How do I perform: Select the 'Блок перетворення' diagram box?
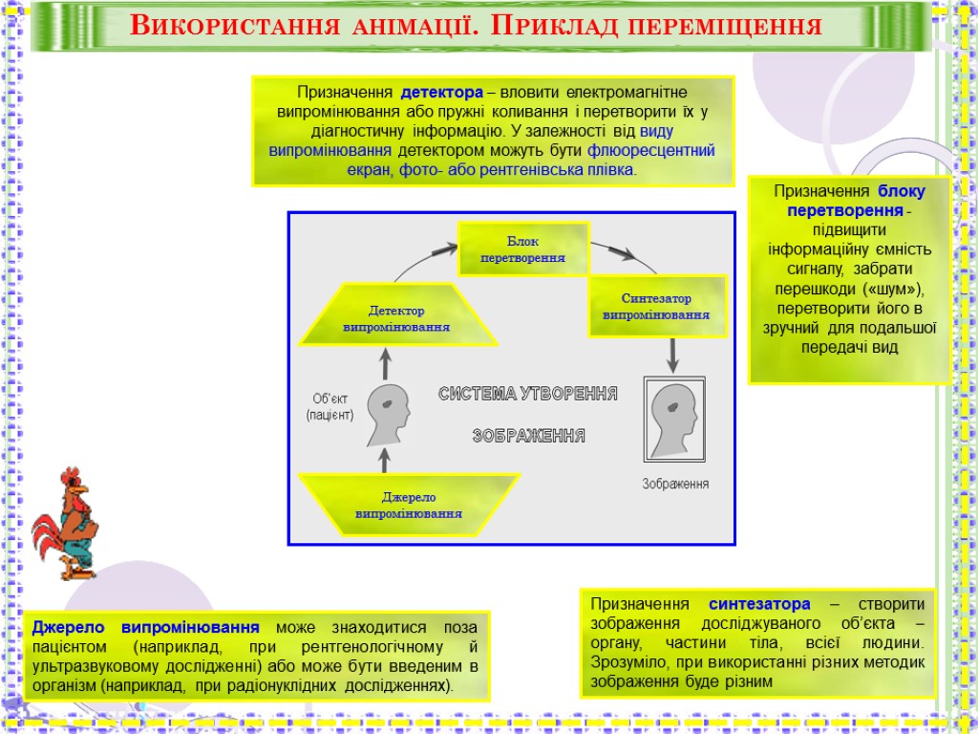[x=522, y=248]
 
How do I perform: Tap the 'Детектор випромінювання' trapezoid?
[x=396, y=318]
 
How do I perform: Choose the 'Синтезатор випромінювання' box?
[x=655, y=307]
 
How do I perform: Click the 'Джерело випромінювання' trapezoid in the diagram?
[x=409, y=505]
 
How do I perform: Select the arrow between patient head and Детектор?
[x=386, y=363]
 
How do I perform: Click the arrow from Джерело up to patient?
[x=385, y=461]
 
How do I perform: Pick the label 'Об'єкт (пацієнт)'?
[x=330, y=406]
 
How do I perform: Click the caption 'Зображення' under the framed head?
[x=675, y=484]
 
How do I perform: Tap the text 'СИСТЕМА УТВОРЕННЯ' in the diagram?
[x=527, y=394]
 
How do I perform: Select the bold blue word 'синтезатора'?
[x=759, y=604]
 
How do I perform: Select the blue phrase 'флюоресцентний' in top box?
[x=651, y=150]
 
